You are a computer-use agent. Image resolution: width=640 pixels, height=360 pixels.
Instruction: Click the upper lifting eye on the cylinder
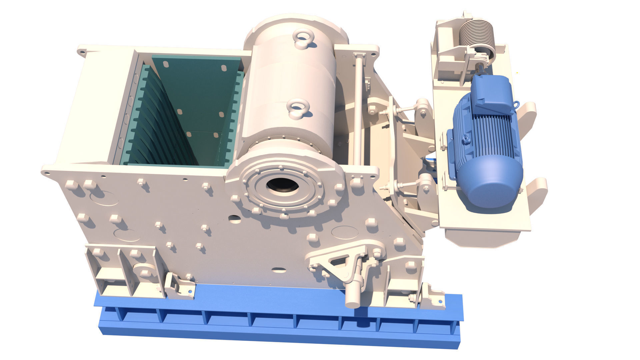point(303,38)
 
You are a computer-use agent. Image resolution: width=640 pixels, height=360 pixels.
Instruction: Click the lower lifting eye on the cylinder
point(296,109)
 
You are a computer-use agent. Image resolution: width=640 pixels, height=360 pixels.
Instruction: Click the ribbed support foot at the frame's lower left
point(123,270)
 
